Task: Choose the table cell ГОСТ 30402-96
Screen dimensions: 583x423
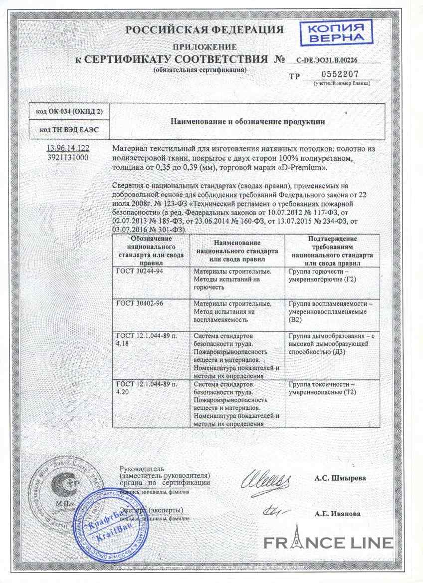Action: click(x=140, y=303)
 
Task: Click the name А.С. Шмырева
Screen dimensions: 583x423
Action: click(x=340, y=478)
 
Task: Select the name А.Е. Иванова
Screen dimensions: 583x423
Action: click(x=337, y=513)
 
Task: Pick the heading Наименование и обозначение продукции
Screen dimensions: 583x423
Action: click(x=248, y=121)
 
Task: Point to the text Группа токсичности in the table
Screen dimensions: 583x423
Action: click(x=321, y=385)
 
